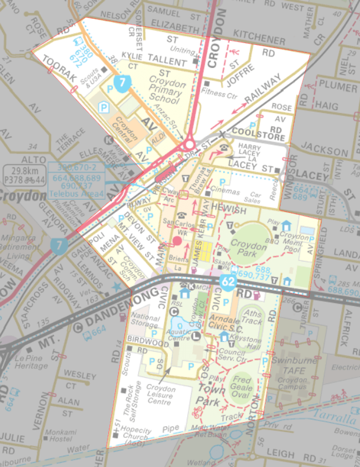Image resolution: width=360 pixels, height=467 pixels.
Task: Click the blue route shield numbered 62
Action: (x=228, y=282)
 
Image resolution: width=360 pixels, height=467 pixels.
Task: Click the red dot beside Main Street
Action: (x=177, y=241)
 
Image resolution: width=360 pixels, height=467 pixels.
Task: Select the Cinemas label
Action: (x=225, y=191)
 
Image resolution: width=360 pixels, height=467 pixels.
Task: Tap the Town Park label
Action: (x=210, y=394)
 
